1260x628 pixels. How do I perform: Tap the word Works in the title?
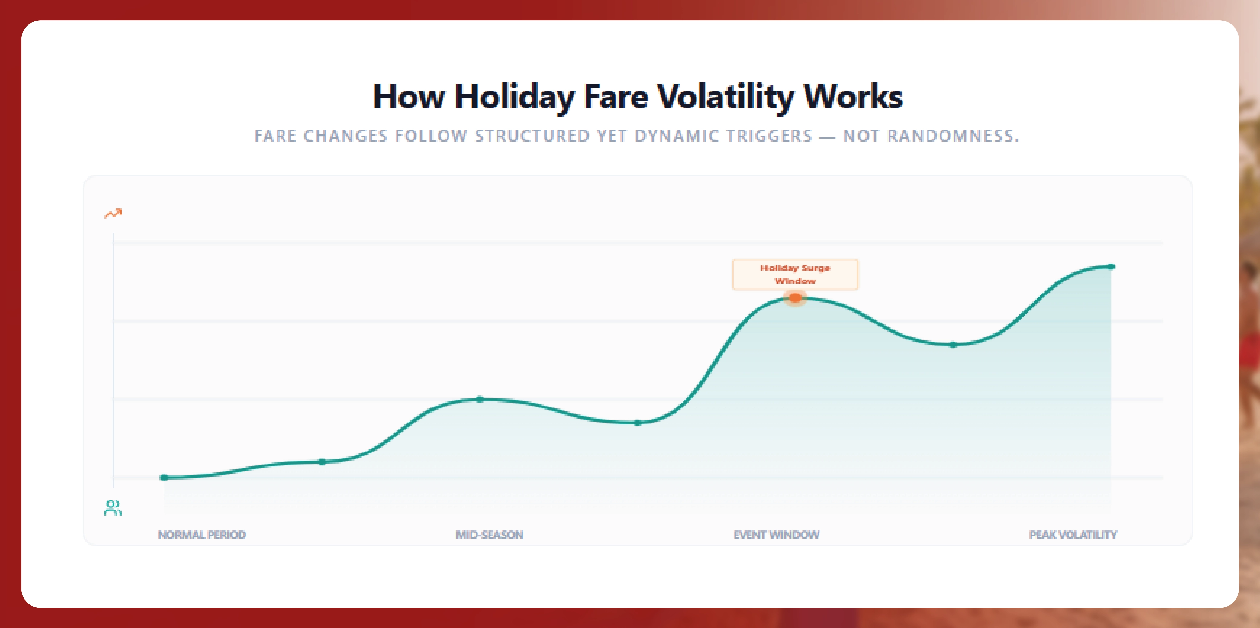click(853, 97)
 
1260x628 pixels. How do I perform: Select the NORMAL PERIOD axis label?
click(202, 535)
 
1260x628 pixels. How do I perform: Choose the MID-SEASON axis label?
click(490, 535)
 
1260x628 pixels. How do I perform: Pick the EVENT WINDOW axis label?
click(776, 535)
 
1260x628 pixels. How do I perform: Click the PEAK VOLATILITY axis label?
click(1073, 535)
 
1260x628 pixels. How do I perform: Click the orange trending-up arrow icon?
click(113, 213)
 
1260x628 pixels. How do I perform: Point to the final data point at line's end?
click(1111, 267)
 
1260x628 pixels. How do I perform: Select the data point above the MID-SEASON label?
click(480, 399)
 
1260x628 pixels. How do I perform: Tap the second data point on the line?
click(322, 462)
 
